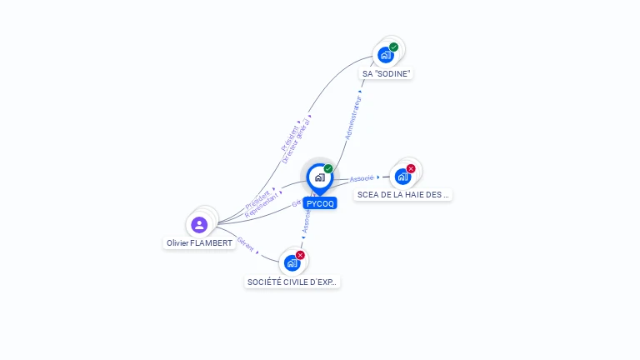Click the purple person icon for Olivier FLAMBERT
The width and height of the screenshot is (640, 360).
(199, 224)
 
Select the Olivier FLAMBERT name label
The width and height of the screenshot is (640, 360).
(200, 243)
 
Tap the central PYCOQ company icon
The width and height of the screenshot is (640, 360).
(319, 177)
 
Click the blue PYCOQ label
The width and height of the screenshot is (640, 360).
(320, 203)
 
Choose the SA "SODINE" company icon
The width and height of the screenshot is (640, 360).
(385, 55)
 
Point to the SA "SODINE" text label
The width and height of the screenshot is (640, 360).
(387, 74)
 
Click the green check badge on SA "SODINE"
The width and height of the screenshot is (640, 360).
(394, 47)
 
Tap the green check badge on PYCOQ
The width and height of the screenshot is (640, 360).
(328, 169)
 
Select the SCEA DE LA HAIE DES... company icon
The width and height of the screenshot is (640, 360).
(402, 176)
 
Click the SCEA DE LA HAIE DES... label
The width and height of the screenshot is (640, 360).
(403, 195)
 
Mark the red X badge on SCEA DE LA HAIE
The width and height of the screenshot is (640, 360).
(411, 168)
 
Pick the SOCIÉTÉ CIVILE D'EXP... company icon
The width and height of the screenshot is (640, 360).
(292, 262)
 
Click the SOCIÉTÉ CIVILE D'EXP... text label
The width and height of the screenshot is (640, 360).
(292, 282)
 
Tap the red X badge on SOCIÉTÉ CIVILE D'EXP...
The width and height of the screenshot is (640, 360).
(300, 255)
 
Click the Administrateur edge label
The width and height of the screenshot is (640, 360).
(353, 116)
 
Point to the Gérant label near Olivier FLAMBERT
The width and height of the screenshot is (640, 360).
(246, 242)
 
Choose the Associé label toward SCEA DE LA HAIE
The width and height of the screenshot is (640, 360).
(362, 178)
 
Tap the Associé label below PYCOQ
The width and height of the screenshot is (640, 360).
(306, 221)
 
